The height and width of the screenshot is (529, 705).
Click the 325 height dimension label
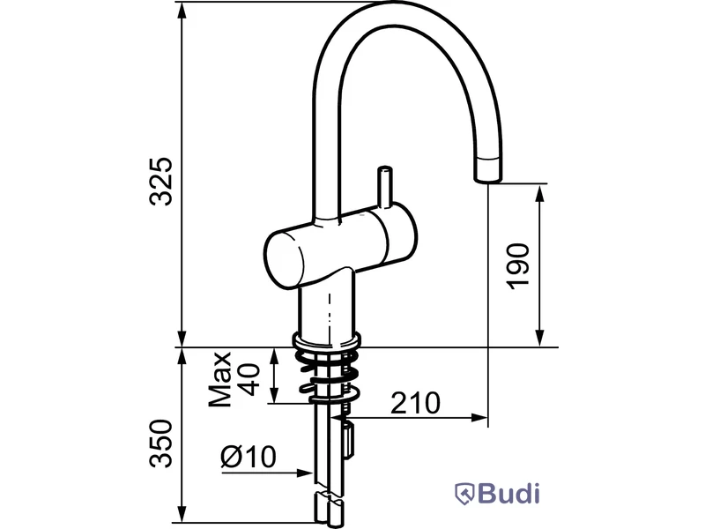pyautogui.click(x=160, y=182)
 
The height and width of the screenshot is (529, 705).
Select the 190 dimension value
pyautogui.click(x=517, y=266)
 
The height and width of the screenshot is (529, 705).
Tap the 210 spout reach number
pyautogui.click(x=415, y=403)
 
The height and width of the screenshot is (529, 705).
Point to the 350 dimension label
pyautogui.click(x=160, y=443)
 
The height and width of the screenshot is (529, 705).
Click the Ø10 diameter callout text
pyautogui.click(x=249, y=457)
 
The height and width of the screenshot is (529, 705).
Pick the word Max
pyautogui.click(x=220, y=379)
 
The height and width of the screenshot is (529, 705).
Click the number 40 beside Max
pyautogui.click(x=249, y=379)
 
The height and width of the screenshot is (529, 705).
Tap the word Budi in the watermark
pyautogui.click(x=508, y=494)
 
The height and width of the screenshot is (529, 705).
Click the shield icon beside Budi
pyautogui.click(x=465, y=494)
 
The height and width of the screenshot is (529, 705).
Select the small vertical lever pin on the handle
pyautogui.click(x=385, y=188)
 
